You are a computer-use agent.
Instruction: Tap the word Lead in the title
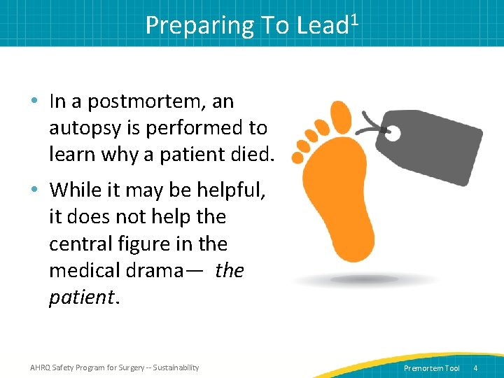pos(322,25)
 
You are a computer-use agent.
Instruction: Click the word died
pos(250,154)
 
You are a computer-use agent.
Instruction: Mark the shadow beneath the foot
pos(364,281)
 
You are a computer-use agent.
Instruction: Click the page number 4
pos(475,368)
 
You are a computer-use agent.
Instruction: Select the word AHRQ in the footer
pos(41,367)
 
